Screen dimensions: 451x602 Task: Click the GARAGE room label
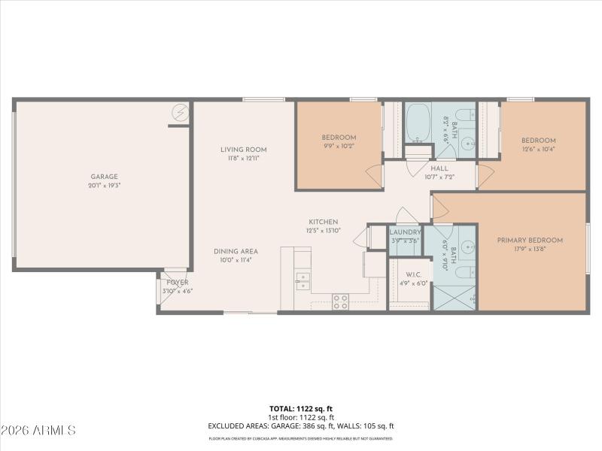105,177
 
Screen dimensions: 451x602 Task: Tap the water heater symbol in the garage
181,113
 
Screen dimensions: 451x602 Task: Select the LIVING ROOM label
243,150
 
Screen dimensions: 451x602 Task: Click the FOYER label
178,282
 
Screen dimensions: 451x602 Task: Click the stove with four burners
340,301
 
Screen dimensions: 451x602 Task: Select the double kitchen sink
303,281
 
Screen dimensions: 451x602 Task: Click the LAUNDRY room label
405,232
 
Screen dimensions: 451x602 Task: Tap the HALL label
439,168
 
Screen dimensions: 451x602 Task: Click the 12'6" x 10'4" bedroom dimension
539,150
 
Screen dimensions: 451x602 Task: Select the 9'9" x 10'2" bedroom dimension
339,147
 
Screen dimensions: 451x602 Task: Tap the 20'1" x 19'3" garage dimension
105,185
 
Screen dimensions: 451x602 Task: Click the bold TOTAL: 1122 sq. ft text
300,408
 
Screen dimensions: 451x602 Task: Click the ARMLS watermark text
39,431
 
